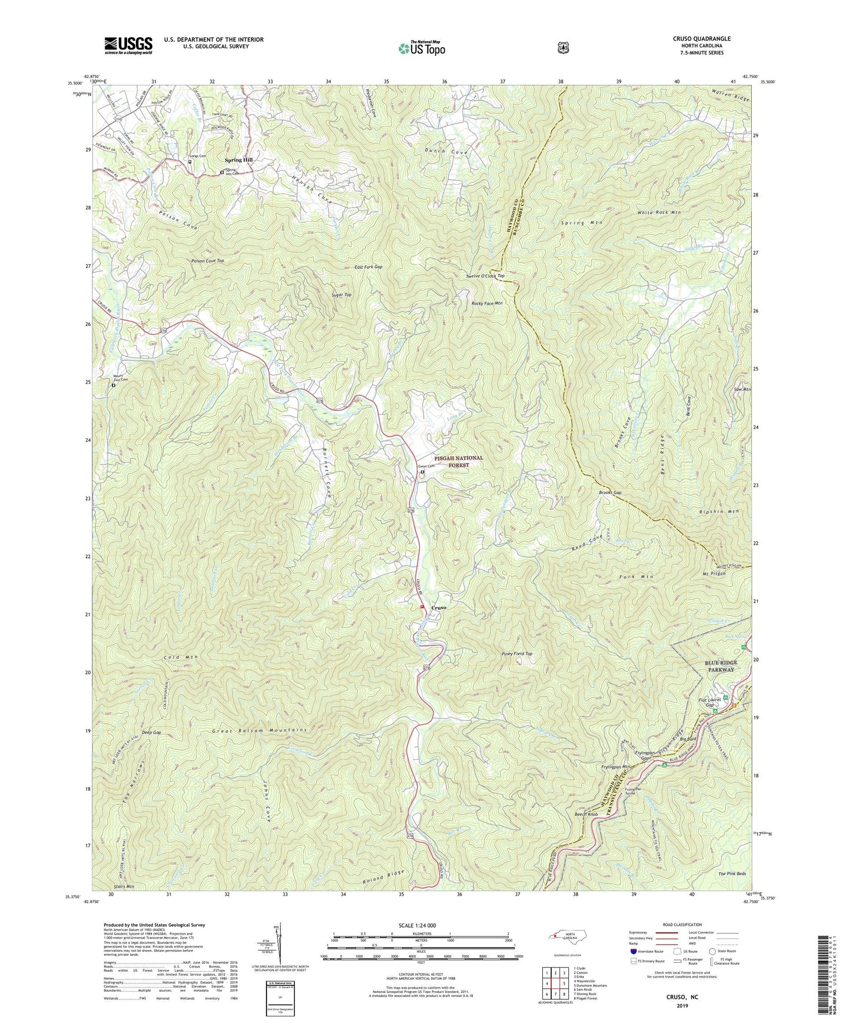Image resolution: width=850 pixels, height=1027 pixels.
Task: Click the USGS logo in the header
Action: click(128, 45)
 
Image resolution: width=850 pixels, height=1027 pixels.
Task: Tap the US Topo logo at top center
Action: click(421, 48)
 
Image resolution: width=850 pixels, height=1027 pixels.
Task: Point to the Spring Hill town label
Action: click(239, 160)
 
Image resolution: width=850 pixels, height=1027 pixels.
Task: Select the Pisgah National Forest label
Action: click(459, 461)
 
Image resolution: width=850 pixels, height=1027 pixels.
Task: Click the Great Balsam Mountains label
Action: click(259, 730)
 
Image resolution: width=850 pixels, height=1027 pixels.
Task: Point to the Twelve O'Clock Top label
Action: click(485, 275)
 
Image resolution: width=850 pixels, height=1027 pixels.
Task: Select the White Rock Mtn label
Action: click(659, 212)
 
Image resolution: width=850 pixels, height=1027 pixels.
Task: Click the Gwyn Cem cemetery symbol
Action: click(422, 471)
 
